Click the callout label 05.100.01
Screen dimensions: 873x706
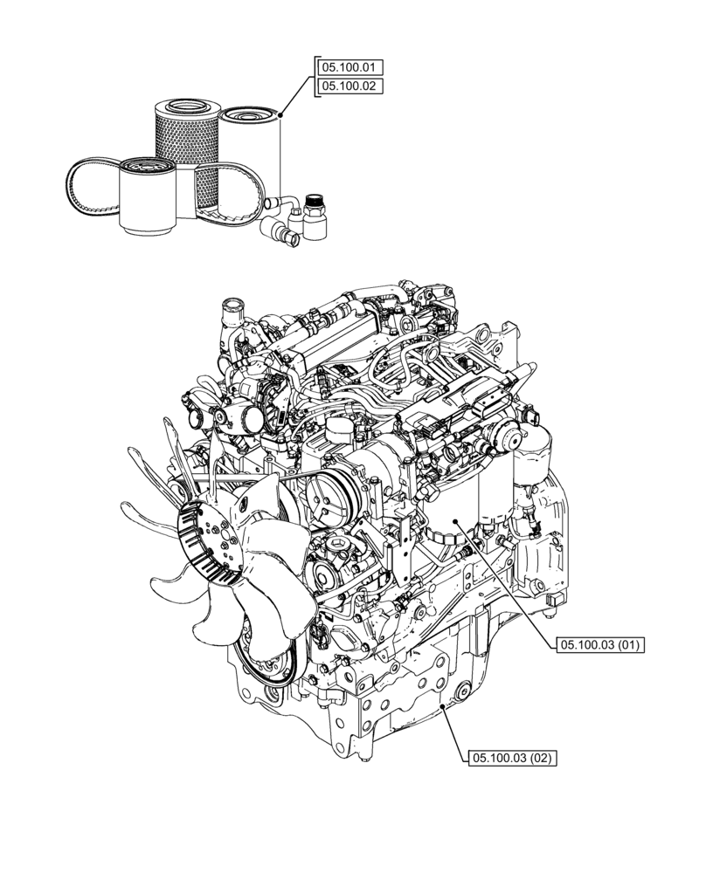(350, 67)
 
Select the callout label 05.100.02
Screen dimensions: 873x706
(350, 86)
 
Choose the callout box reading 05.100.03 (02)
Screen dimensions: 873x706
(512, 758)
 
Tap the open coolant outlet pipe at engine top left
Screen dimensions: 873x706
(232, 309)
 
